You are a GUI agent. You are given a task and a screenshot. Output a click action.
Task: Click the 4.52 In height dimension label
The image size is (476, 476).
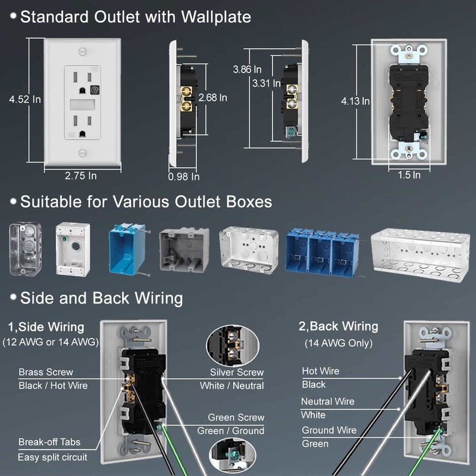click(x=24, y=101)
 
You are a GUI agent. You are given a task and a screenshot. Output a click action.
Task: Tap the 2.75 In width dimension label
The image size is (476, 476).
click(x=80, y=176)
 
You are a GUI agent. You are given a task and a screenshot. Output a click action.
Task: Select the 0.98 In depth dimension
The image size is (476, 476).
click(x=183, y=177)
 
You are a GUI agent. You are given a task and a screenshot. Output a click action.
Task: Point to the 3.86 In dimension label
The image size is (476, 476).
click(x=247, y=69)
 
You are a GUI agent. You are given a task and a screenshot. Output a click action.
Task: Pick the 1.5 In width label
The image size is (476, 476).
click(x=409, y=175)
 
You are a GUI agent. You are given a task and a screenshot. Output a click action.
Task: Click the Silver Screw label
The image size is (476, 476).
click(x=236, y=372)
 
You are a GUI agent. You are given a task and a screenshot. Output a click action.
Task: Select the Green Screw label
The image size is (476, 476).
click(x=236, y=418)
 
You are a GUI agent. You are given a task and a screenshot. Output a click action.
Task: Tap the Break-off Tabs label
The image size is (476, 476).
click(x=49, y=442)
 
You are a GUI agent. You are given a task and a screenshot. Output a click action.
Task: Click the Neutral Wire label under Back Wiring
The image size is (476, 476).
click(x=327, y=402)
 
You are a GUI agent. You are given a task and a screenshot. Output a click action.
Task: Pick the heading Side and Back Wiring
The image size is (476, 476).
click(x=101, y=297)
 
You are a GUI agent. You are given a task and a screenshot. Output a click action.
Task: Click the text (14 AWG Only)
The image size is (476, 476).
click(x=338, y=343)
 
